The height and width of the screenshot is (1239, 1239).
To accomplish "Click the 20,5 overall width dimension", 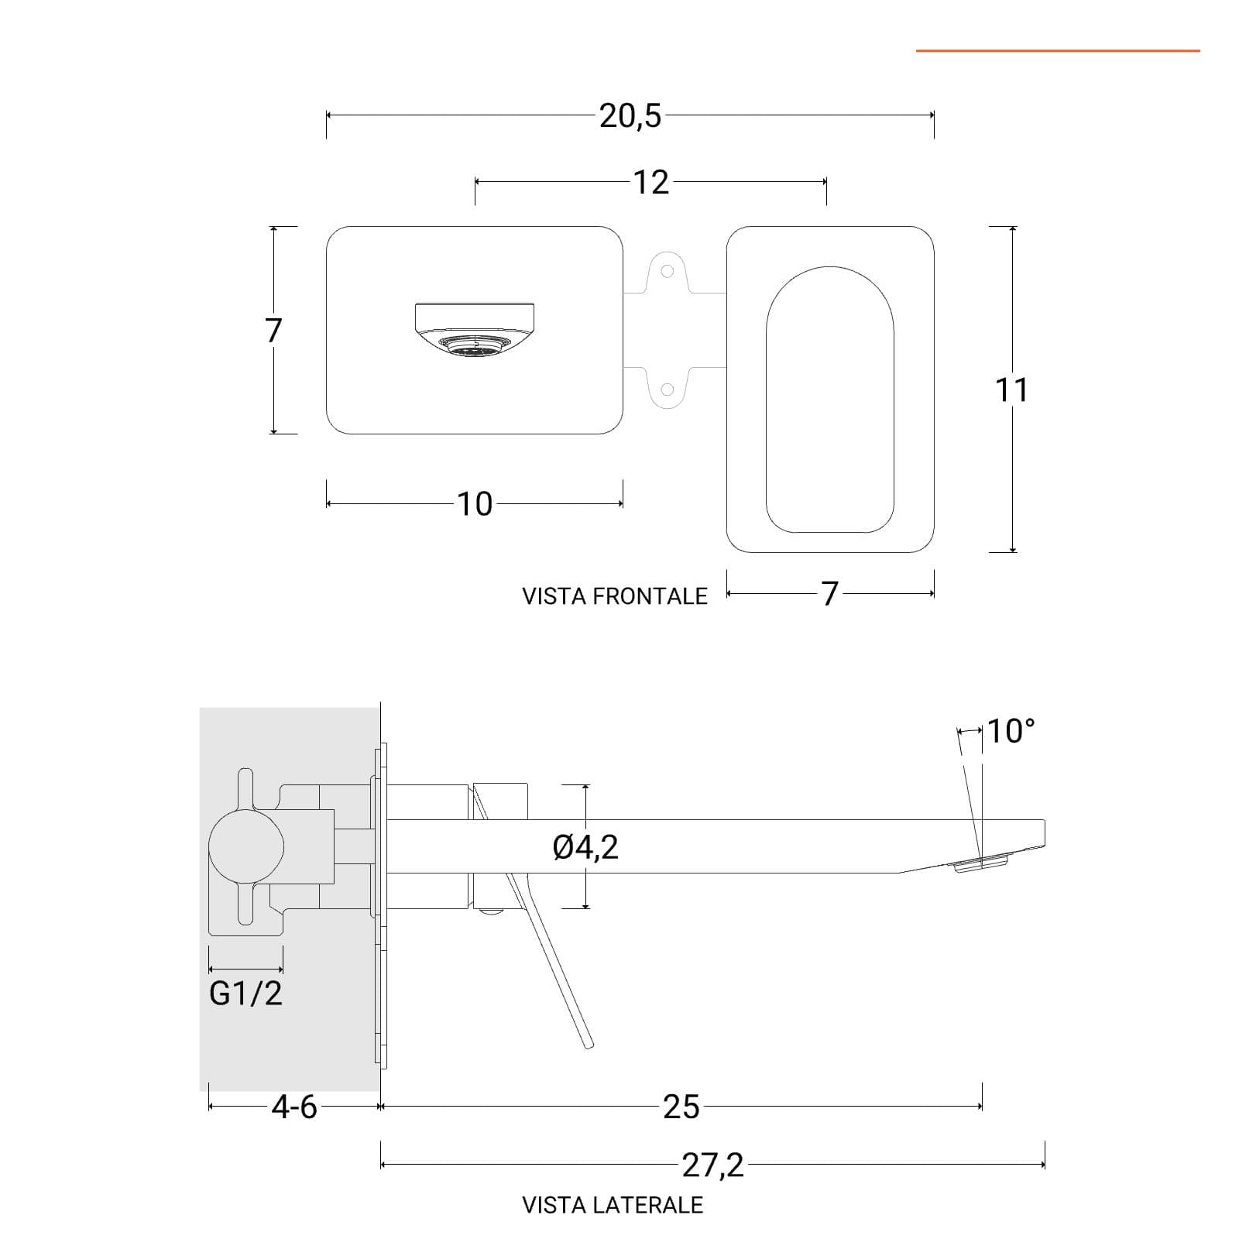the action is [x=630, y=116].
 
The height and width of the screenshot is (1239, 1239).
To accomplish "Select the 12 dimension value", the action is [x=650, y=183].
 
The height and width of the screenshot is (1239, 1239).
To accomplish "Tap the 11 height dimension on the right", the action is [x=1011, y=390].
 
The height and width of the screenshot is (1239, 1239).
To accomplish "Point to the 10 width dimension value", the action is [x=475, y=504].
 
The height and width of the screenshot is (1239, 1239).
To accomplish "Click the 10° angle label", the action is [x=1011, y=731].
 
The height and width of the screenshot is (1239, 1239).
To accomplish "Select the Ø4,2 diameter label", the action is [x=586, y=847].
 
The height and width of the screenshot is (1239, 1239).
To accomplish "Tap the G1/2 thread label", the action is [x=245, y=994].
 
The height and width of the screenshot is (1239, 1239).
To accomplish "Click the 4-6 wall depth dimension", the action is [x=294, y=1107].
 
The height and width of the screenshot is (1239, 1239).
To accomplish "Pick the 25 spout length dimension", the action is [x=681, y=1107].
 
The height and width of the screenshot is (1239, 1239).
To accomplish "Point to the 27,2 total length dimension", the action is [x=712, y=1165].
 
